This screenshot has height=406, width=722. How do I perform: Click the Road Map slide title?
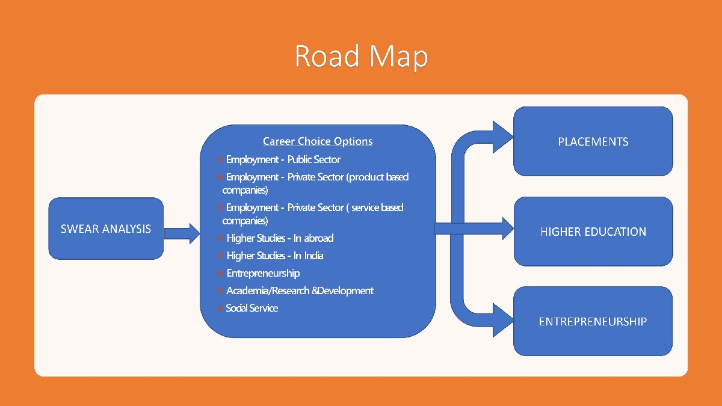[x=361, y=56]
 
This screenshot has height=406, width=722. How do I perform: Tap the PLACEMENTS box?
[x=593, y=141]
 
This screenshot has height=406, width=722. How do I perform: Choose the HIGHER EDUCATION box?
[x=593, y=232]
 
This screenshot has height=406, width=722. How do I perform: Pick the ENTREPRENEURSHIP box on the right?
[x=593, y=321]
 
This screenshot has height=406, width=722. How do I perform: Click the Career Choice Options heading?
[x=318, y=141]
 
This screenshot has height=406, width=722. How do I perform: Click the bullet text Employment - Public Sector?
[x=283, y=159]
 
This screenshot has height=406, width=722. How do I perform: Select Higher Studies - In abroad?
[x=280, y=238]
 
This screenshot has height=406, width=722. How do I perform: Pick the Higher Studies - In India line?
[x=275, y=256]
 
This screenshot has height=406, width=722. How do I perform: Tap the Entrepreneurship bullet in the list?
[x=263, y=273]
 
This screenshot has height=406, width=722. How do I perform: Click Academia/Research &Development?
[x=300, y=291]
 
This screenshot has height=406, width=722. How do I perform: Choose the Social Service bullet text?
[x=251, y=308]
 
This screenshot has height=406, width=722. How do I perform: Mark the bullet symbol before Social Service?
[x=220, y=309]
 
